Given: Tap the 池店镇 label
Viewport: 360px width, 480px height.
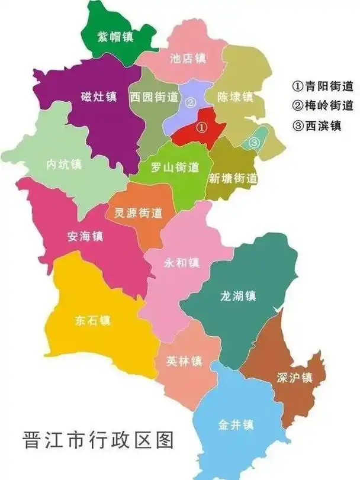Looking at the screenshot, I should pos(187,58).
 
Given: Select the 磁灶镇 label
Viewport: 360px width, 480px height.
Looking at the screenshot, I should pos(98,96).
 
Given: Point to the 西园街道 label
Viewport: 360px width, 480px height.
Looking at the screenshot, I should pos(154,97).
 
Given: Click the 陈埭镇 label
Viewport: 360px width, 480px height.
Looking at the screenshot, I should pos(235,96).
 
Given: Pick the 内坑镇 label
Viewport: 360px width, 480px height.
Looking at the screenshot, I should pos(64,164).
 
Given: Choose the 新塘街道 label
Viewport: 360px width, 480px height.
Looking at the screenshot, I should pos(233,178).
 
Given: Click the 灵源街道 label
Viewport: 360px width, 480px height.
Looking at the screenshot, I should pos(138,213).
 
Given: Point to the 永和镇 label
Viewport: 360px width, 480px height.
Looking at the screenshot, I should pos(182,262).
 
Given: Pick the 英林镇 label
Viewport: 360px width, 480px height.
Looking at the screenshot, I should pos(184,360).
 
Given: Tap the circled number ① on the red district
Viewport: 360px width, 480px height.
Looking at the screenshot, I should pos(201,127).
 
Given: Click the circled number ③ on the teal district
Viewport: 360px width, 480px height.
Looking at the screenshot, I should pos(253,142).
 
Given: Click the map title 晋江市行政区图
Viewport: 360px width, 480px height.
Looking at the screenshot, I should pos(98,441).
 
